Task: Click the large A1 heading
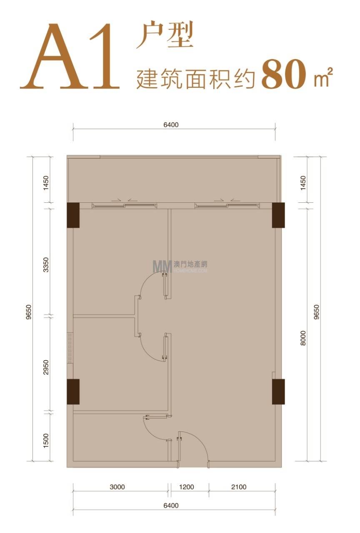click(x=70, y=56)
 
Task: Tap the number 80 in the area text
click(x=284, y=74)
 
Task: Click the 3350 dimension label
click(x=46, y=264)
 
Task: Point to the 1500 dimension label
click(x=46, y=441)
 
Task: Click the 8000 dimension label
click(x=303, y=338)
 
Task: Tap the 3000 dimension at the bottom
click(x=117, y=487)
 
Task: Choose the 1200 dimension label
click(x=186, y=487)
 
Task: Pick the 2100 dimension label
click(x=239, y=487)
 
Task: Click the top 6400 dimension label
click(x=171, y=125)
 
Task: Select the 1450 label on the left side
click(x=46, y=183)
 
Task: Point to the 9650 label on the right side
click(x=316, y=312)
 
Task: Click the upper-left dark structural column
click(x=73, y=215)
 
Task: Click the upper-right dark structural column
click(x=278, y=215)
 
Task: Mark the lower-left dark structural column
click(x=73, y=392)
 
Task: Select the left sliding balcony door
click(x=125, y=205)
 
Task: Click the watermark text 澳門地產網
click(x=190, y=264)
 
